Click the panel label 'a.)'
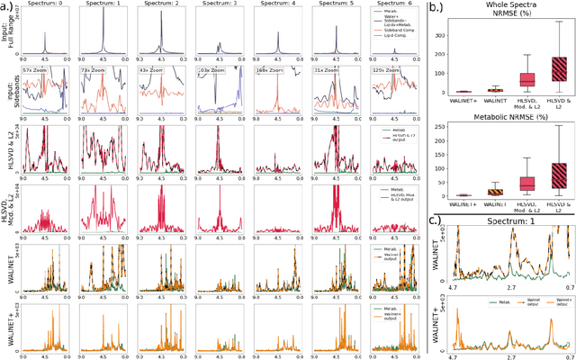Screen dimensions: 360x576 tap(8, 7)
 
